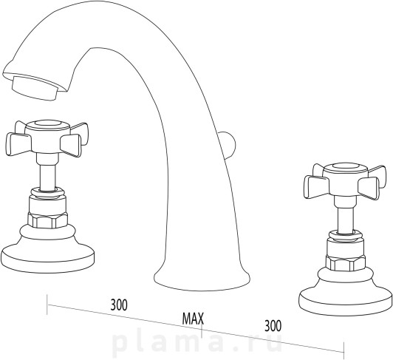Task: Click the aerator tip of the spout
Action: [x=35, y=87]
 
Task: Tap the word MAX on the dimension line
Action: [x=193, y=319]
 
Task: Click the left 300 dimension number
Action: [x=119, y=305]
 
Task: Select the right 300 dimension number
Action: [x=273, y=326]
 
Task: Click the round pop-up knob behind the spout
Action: [x=230, y=145]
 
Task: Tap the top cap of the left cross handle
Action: [x=47, y=125]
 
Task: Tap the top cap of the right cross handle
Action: [x=346, y=168]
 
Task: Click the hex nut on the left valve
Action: [x=47, y=220]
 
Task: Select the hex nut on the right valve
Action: [x=346, y=263]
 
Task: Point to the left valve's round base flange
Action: [x=47, y=259]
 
